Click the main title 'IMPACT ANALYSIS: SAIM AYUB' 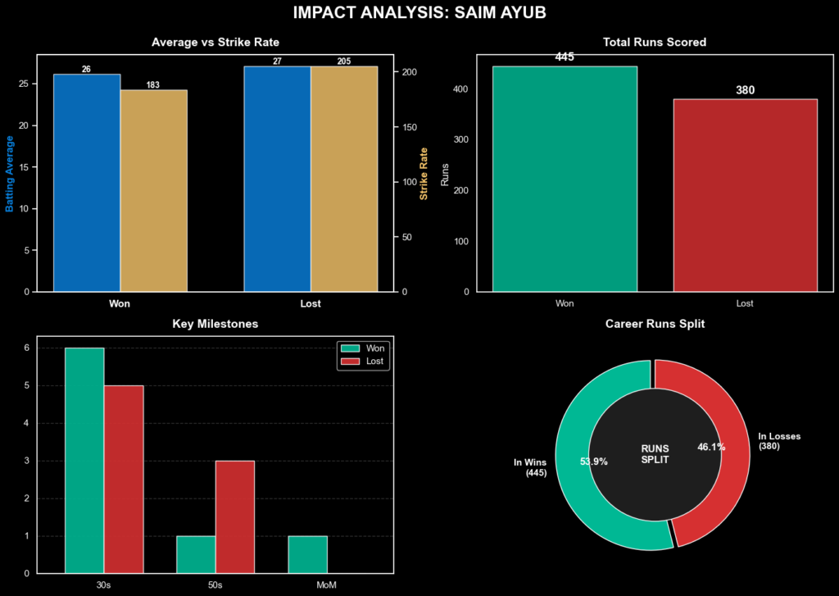pos(419,14)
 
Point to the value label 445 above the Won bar pos(565,57)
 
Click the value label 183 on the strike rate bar pos(153,85)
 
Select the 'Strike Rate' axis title pos(424,173)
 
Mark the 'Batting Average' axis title pos(10,173)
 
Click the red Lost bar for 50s pos(235,516)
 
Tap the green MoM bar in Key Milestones pos(307,554)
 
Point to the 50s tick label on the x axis pos(215,585)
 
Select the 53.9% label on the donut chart pos(594,462)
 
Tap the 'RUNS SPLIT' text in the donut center pos(655,454)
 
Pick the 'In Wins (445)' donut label pos(530,467)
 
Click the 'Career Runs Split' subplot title pos(654,324)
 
